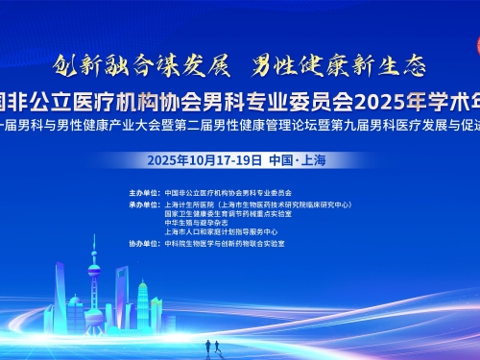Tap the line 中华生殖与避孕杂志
click(193, 223)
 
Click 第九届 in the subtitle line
click(359, 126)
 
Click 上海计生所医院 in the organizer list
click(190, 204)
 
